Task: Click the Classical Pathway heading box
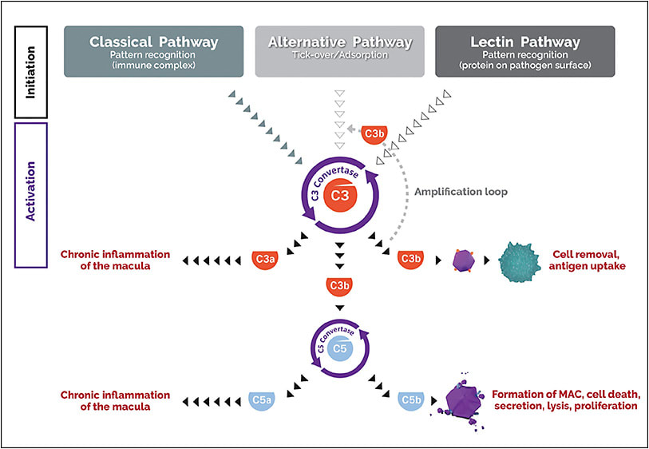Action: click(x=154, y=51)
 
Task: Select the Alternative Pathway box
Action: click(x=339, y=51)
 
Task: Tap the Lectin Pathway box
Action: click(x=524, y=51)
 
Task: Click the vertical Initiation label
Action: click(x=31, y=71)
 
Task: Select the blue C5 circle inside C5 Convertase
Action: click(x=340, y=348)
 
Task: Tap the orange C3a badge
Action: click(x=264, y=260)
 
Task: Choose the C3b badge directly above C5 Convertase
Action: click(x=340, y=285)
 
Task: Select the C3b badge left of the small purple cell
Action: click(x=410, y=260)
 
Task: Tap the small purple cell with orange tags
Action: click(x=463, y=259)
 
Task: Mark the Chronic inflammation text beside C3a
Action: click(x=115, y=260)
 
